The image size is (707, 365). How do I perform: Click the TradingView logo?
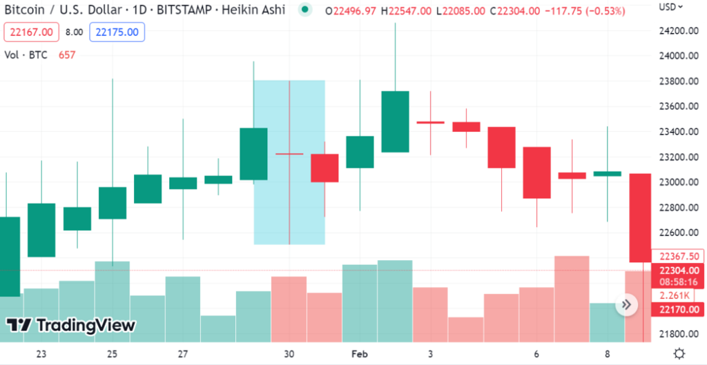pyautogui.click(x=71, y=325)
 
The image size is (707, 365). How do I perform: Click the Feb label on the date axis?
pyautogui.click(x=359, y=354)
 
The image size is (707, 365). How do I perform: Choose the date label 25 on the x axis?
pyautogui.click(x=112, y=354)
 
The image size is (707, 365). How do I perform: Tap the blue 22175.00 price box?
pyautogui.click(x=117, y=32)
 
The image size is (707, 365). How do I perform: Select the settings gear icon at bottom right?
pyautogui.click(x=679, y=354)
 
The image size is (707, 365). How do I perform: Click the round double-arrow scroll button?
pyautogui.click(x=627, y=304)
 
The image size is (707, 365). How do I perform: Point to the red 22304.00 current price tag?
pyautogui.click(x=679, y=270)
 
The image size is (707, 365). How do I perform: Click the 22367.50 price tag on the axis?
pyautogui.click(x=679, y=256)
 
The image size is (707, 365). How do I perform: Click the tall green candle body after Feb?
pyautogui.click(x=395, y=121)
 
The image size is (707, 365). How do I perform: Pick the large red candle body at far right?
pyautogui.click(x=640, y=217)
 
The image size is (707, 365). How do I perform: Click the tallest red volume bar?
pyautogui.click(x=572, y=299)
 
